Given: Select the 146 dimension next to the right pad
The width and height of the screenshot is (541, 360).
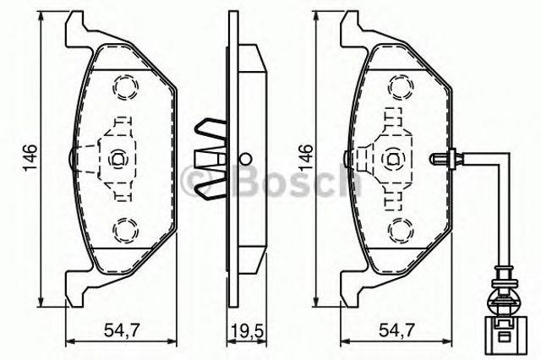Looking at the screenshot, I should click(x=307, y=156).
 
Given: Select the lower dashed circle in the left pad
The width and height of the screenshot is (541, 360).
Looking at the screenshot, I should click(x=124, y=227).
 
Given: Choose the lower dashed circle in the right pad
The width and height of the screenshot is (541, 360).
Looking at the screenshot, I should click(x=399, y=227).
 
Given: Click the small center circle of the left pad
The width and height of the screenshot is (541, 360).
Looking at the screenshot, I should click(x=118, y=156).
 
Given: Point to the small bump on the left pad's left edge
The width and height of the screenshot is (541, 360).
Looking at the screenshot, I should click(x=68, y=156).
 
